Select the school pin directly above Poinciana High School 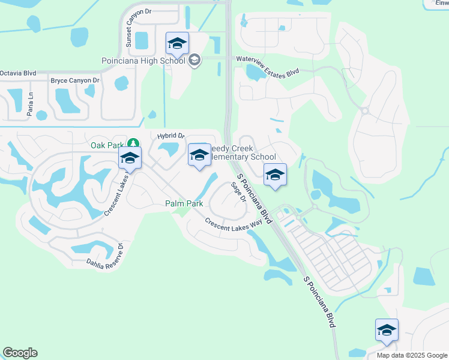[178, 44]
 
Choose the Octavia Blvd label [17, 73]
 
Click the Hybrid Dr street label [171, 136]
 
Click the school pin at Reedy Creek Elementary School [199, 156]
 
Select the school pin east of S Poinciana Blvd [275, 175]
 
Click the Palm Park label [184, 204]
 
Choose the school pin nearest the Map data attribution [387, 331]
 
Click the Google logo [20, 352]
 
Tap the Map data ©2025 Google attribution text [411, 355]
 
